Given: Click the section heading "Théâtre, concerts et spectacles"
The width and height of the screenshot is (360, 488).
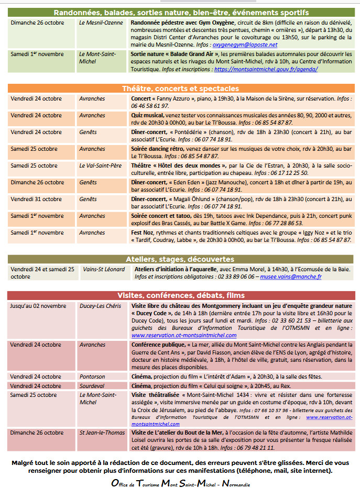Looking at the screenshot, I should pyautogui.click(x=180, y=88).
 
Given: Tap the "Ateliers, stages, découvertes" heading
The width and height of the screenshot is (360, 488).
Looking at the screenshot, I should pyautogui.click(x=180, y=259).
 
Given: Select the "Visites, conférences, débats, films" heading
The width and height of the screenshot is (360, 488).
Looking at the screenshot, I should pyautogui.click(x=180, y=295).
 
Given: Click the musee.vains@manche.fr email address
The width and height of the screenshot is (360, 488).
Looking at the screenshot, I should pyautogui.click(x=291, y=276).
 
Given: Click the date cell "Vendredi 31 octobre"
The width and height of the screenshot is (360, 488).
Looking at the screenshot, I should pyautogui.click(x=36, y=199).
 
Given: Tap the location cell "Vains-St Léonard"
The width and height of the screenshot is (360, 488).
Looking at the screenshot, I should pyautogui.click(x=104, y=269).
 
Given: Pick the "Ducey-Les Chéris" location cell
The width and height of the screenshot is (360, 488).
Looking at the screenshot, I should pyautogui.click(x=100, y=305).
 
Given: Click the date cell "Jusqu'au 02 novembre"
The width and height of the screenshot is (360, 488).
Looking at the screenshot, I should pyautogui.click(x=38, y=305).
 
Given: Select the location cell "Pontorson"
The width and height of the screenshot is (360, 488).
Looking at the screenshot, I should pyautogui.click(x=92, y=376).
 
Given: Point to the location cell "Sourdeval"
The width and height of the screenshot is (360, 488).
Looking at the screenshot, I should pyautogui.click(x=92, y=386).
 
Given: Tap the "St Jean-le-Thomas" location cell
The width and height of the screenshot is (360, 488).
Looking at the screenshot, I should pyautogui.click(x=102, y=433).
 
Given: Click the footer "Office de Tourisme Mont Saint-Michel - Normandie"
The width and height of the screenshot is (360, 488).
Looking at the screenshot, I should pyautogui.click(x=180, y=483).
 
